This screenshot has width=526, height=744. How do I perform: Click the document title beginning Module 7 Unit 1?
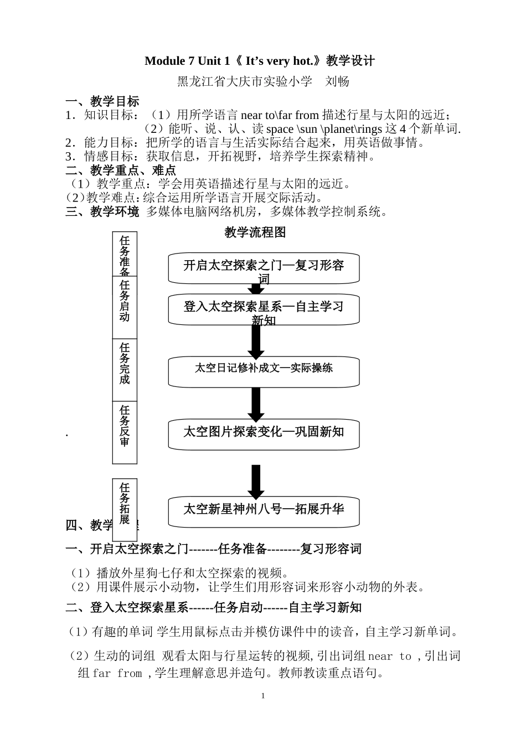[x=259, y=61]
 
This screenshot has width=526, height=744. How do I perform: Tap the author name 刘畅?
[x=337, y=81]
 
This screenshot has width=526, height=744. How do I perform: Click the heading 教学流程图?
[x=255, y=232]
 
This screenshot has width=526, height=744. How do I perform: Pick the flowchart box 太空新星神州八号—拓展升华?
[x=264, y=510]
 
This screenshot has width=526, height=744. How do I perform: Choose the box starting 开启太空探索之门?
[x=264, y=268]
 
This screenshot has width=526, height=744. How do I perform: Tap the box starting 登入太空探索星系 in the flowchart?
[x=264, y=308]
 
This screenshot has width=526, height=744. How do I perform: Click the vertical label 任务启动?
[x=125, y=301]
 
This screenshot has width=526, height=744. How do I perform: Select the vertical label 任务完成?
[x=125, y=364]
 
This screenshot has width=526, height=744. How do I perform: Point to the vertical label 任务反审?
[x=125, y=426]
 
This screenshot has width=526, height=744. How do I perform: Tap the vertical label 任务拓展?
[x=125, y=504]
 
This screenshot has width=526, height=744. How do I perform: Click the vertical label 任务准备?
[x=125, y=255]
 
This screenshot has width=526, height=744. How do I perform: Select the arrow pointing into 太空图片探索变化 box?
[x=255, y=405]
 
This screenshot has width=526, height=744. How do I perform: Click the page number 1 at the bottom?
[x=263, y=696]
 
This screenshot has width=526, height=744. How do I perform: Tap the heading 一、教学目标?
[x=102, y=101]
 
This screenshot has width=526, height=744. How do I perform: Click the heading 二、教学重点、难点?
[x=121, y=170]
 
